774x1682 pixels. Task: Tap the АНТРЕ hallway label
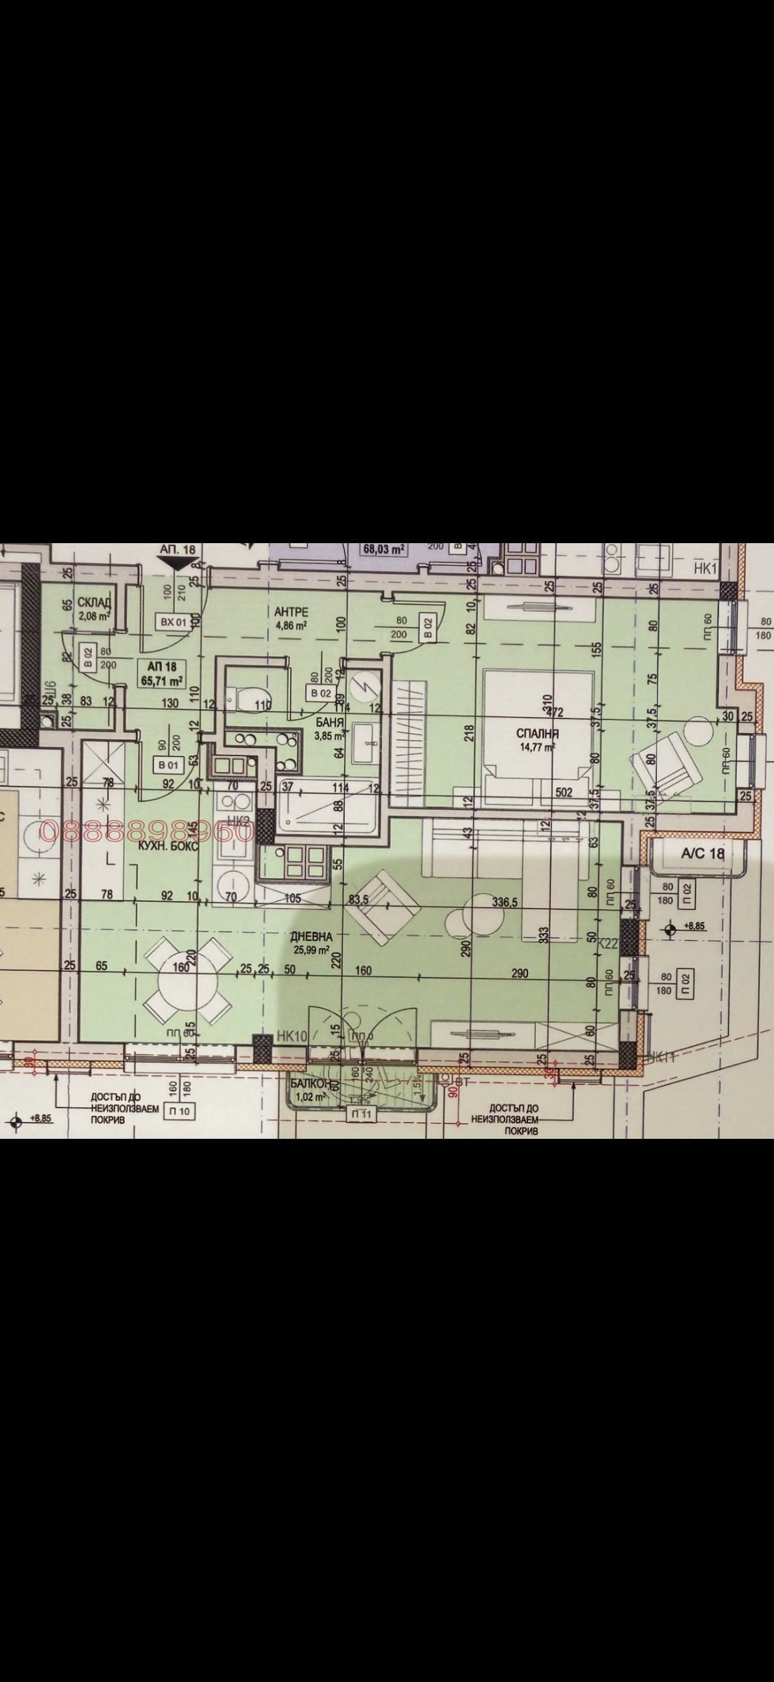pyautogui.click(x=291, y=612)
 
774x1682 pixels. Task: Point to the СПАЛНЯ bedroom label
pyautogui.click(x=537, y=733)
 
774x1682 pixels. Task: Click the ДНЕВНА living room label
pyautogui.click(x=311, y=936)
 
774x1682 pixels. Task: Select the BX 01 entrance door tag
pyautogui.click(x=171, y=621)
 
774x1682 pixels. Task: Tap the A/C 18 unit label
pyautogui.click(x=702, y=854)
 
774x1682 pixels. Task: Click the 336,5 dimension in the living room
pyautogui.click(x=504, y=902)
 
